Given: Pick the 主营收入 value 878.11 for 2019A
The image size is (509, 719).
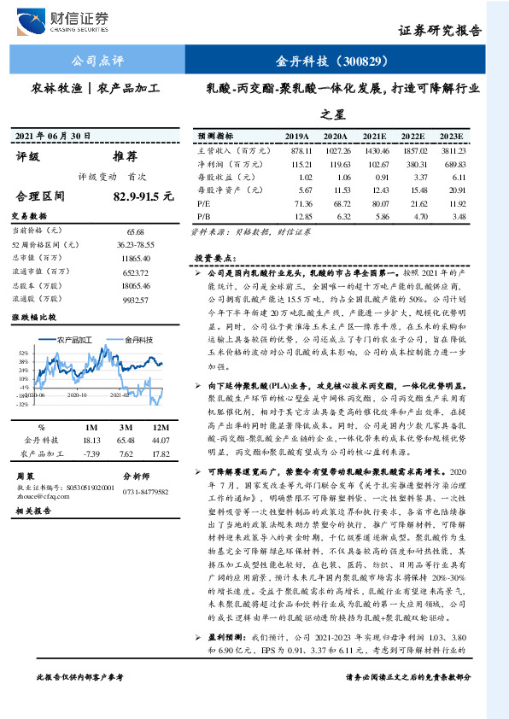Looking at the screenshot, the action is pos(298,149).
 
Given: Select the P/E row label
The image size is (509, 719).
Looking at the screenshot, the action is pos(203,205).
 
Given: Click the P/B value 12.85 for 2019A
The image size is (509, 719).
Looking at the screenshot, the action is pos(298,218).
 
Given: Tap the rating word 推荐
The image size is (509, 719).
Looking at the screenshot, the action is pos(126,157).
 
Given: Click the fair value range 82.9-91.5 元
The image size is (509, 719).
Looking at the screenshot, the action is pos(143,196).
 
